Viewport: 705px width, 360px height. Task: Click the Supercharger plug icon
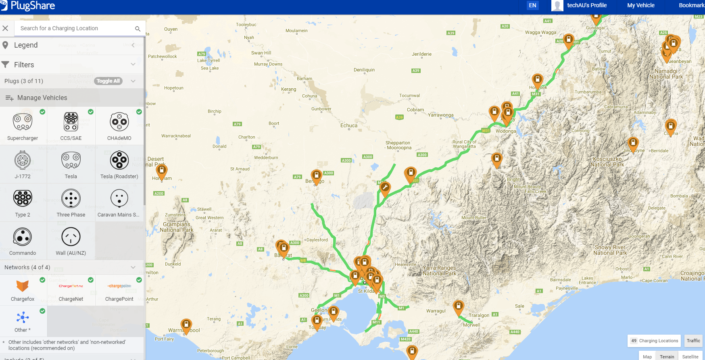point(23,122)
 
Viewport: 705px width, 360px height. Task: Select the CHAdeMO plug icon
point(119,122)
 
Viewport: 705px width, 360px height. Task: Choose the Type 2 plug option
point(23,198)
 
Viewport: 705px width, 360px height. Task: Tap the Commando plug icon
point(23,237)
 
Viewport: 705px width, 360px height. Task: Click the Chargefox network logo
point(23,286)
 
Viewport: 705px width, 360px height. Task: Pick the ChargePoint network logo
point(119,286)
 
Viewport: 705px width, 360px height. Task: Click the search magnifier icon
point(138,29)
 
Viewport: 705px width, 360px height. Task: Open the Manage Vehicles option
point(42,98)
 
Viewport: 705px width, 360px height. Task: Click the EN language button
point(532,5)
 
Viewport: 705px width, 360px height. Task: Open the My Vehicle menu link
point(640,5)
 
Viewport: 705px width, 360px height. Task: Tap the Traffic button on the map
point(693,341)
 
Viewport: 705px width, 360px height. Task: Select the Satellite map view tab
point(690,357)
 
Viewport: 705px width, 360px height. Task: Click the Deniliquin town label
point(364,70)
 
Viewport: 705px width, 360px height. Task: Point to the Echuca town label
point(349,125)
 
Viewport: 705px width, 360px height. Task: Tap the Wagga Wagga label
point(540,32)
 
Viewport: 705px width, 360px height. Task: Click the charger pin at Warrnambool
point(186,325)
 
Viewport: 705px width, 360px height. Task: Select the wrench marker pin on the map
point(385,188)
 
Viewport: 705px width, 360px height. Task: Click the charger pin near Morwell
point(458,307)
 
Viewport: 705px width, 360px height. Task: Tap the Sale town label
point(519,306)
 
